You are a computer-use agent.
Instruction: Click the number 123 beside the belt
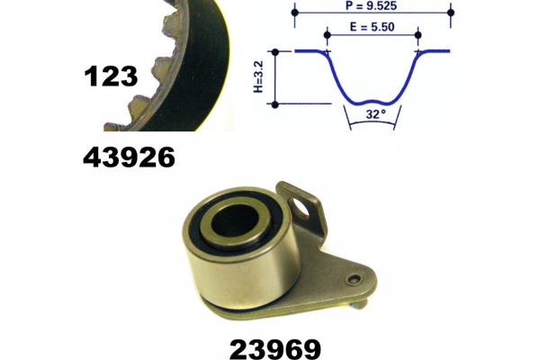pos(111,76)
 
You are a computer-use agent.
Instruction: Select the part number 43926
pos(129,157)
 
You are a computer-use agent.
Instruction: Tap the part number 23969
pos(275,349)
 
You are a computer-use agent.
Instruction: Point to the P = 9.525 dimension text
pos(371,6)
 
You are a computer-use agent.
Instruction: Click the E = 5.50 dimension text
pos(372,27)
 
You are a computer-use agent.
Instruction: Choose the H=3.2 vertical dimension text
pos(258,76)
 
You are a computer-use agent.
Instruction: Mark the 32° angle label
pos(375,113)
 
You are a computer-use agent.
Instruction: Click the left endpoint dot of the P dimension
pos(295,13)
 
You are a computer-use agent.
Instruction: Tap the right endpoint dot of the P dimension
pos(451,13)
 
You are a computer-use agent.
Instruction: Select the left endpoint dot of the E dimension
pos(328,35)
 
